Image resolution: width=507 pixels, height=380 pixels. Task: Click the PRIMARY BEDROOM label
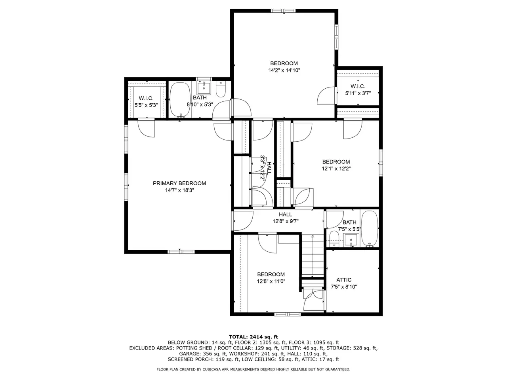click(x=179, y=183)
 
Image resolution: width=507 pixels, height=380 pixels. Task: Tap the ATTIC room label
click(x=344, y=280)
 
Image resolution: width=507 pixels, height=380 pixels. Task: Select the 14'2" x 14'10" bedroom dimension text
click(x=284, y=70)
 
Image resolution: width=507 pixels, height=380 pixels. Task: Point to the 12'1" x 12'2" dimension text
click(x=336, y=169)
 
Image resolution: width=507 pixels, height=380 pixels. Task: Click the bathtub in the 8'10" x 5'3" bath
click(x=180, y=100)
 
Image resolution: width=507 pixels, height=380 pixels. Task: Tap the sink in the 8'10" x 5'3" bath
click(x=204, y=87)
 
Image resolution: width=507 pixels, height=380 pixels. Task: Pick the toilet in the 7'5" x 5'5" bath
click(x=334, y=239)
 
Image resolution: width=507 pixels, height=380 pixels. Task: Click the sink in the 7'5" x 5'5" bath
click(x=351, y=240)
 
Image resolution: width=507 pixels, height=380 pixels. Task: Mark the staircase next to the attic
click(x=313, y=256)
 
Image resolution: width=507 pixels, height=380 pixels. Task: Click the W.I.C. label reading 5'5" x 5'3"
click(x=146, y=102)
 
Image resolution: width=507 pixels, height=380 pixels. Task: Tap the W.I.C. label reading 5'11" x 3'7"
click(x=358, y=90)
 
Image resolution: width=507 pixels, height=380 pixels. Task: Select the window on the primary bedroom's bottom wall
click(x=181, y=252)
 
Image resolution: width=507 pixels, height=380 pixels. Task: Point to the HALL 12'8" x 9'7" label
click(x=286, y=218)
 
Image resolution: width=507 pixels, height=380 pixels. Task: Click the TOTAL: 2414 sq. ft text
click(x=253, y=336)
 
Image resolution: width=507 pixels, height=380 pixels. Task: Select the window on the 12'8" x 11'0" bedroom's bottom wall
click(x=288, y=314)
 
